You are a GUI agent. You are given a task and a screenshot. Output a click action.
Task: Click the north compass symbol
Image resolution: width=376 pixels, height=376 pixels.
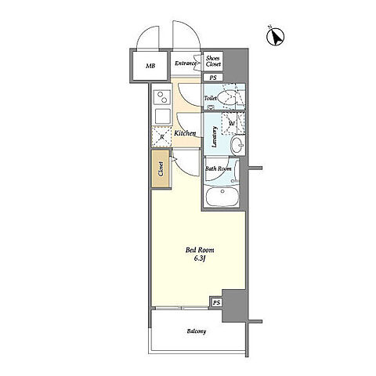point(275,36)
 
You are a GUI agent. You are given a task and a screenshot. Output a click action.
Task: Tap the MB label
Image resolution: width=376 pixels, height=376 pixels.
point(150,66)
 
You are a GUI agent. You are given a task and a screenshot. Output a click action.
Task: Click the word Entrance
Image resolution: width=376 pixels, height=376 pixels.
point(186,63)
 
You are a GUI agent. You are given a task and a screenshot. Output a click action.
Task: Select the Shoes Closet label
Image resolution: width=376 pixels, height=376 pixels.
point(213,61)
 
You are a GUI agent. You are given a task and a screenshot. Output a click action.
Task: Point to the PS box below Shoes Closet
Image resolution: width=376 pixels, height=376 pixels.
point(213,78)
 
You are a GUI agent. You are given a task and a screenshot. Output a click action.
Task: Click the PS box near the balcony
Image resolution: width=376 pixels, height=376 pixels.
point(216,302)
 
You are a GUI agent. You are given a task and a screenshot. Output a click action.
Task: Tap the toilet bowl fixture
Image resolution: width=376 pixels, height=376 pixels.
point(226,98)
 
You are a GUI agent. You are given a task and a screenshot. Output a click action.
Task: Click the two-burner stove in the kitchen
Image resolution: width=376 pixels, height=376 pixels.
point(162,97)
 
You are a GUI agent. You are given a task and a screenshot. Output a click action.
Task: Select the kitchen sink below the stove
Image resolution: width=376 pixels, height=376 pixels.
point(162,116)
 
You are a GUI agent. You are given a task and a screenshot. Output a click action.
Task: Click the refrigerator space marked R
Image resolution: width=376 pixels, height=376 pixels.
point(161,136)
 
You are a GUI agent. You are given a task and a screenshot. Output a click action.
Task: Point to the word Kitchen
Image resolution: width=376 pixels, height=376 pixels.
point(185,133)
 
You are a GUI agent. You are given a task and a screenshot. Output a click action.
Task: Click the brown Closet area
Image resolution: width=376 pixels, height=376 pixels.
point(161,168)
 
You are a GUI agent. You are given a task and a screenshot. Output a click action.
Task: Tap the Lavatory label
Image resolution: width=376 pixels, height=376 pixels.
point(215,137)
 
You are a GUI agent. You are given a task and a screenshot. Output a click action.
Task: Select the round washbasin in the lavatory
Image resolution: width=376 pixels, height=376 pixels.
point(238,144)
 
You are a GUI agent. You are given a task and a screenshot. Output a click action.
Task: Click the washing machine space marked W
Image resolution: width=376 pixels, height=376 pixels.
point(233,123)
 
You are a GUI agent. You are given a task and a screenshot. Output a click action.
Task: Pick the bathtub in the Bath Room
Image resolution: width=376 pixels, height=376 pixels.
point(222,197)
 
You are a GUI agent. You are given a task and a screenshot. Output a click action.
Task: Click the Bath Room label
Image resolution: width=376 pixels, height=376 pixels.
point(218,168)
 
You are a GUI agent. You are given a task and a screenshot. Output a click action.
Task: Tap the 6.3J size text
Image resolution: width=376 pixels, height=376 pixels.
point(200,258)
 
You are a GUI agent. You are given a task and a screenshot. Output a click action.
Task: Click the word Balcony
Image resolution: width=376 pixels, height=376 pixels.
point(197,331)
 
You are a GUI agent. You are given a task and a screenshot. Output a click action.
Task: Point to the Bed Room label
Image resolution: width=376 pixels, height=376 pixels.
point(200,250)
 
